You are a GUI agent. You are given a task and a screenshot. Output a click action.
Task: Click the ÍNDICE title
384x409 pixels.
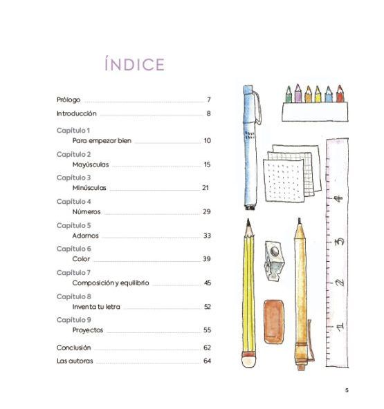(134, 64)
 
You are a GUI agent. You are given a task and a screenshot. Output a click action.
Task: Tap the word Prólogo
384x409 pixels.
(68, 100)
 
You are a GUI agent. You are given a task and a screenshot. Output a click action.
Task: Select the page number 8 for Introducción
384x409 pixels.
(208, 113)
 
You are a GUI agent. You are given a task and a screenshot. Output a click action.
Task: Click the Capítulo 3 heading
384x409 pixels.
(73, 178)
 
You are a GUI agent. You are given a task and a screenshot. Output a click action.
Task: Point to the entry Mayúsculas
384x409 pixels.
(91, 164)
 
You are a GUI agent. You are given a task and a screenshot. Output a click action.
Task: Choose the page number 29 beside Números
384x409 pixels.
(207, 211)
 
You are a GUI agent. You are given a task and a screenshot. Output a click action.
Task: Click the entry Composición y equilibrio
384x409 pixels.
(111, 283)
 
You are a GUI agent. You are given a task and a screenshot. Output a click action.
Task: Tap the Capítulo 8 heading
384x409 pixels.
(73, 296)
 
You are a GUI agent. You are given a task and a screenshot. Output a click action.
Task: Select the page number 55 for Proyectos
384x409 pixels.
(207, 330)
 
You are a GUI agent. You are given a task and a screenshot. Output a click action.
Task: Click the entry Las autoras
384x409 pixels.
(75, 361)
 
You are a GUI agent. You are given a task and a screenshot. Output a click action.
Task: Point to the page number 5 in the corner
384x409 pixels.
(347, 390)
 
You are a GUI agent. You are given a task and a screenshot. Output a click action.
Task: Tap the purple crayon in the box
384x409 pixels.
(298, 93)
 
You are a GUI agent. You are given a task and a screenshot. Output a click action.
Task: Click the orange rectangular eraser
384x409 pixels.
(274, 322)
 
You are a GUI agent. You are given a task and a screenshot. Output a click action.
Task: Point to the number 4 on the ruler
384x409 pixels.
(338, 198)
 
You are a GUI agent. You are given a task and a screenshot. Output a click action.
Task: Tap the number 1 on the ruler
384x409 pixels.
(339, 326)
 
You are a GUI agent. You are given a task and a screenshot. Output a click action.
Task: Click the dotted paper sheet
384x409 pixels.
(284, 181)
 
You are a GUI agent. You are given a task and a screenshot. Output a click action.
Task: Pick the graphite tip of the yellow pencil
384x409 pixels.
(248, 222)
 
